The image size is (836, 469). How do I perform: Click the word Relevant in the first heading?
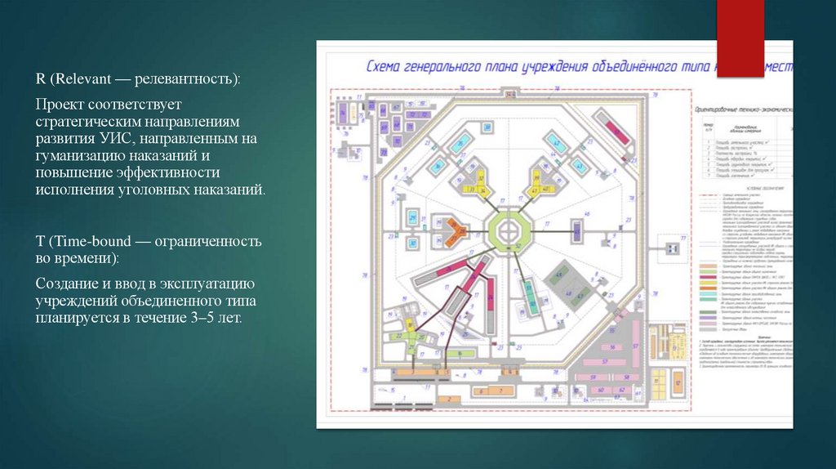tap(78, 79)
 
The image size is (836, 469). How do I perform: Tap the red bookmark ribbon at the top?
tap(740, 37)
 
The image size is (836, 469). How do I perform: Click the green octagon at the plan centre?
tap(509, 230)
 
